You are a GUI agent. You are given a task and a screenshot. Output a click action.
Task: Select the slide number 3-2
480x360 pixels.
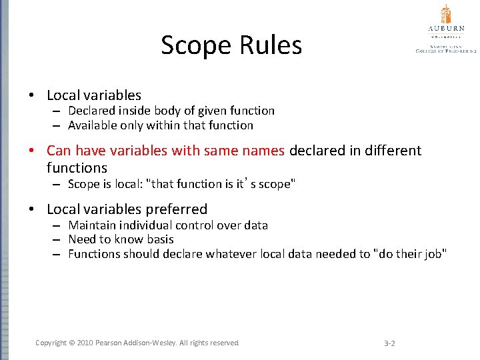pos(390,343)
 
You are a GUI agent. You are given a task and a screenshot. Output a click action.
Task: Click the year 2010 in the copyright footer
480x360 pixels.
pos(84,343)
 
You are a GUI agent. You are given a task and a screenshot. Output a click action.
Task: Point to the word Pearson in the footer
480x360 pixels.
pos(111,343)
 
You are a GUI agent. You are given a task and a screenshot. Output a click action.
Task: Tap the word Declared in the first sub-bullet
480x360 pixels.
pos(91,111)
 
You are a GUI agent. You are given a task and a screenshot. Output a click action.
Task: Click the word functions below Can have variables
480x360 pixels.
pos(77,168)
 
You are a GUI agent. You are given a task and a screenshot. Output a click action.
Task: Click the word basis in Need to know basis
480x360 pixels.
pos(160,239)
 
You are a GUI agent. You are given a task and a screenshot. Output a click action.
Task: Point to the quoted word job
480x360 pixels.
pos(435,254)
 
